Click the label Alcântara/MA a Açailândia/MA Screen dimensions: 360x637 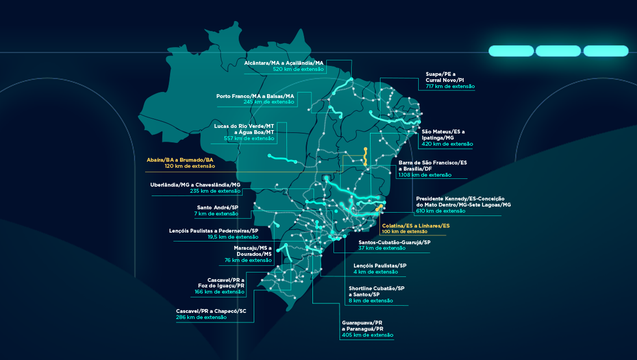point(283,63)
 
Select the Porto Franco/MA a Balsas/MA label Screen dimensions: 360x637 point(255,96)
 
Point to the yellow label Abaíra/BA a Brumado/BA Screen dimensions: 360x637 point(180,160)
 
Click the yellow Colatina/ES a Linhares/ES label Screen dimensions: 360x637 point(415,226)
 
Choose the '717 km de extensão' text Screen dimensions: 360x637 point(450,86)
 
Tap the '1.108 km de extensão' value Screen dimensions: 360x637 point(425,175)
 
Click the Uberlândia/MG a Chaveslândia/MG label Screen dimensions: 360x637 point(195,185)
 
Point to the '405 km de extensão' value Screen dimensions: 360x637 point(367,335)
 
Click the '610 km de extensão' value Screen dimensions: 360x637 point(440,211)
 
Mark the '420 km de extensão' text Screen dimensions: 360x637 point(447,144)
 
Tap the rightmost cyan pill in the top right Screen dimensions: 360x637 point(605,51)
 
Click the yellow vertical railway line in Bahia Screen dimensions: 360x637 point(365,157)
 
